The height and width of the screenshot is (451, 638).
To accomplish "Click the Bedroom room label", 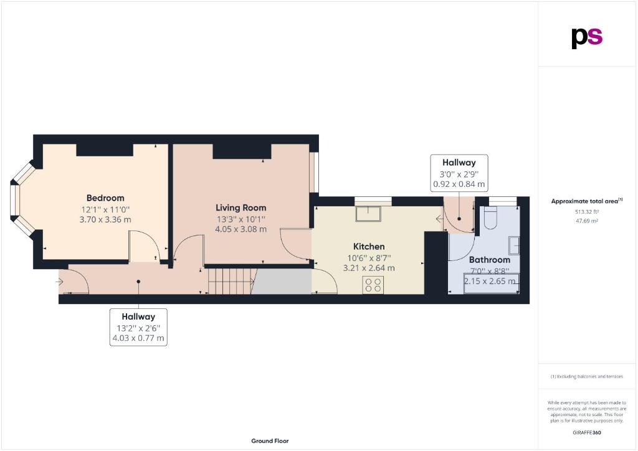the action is (x=105, y=198).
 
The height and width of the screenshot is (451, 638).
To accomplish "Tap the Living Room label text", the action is (x=241, y=208).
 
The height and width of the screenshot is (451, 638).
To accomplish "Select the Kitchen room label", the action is (x=369, y=247).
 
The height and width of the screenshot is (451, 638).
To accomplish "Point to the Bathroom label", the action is (x=490, y=260).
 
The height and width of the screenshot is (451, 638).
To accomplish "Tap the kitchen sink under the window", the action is (x=368, y=214).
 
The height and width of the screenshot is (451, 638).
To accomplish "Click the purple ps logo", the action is (x=587, y=38).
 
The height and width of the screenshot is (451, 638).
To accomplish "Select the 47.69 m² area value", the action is (x=586, y=221).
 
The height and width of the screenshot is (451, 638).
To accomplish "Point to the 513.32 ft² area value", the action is (x=586, y=212).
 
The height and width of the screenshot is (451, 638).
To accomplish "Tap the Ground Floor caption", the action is (x=270, y=441).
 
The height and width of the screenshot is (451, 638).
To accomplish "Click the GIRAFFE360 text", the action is (x=586, y=433).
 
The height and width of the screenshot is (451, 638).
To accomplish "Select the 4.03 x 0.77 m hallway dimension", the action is (x=138, y=338).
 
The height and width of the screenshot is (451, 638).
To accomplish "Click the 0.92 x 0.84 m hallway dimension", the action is (x=459, y=184).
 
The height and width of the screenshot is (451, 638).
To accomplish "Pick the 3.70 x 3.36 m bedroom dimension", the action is (x=105, y=220).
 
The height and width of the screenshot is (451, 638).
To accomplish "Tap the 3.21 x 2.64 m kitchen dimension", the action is (x=369, y=268).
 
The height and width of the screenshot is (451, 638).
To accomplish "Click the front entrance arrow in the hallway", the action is (x=59, y=282).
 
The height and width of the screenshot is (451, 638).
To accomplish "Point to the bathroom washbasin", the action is (x=514, y=245).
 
